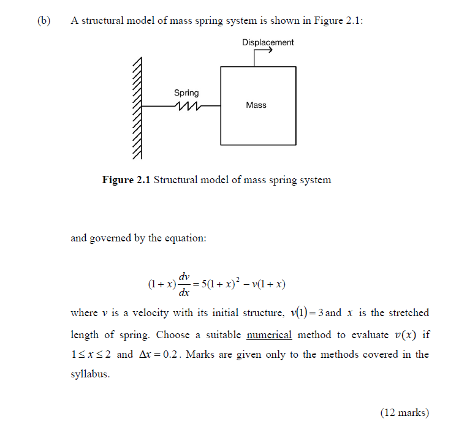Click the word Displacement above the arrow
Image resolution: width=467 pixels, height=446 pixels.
click(x=268, y=42)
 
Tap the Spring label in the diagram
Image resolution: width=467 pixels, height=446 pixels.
click(x=186, y=93)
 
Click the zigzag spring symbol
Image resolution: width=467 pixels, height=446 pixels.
click(x=186, y=106)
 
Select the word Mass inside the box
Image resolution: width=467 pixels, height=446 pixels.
click(x=256, y=105)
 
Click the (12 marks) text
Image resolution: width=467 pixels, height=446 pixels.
click(x=404, y=413)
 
